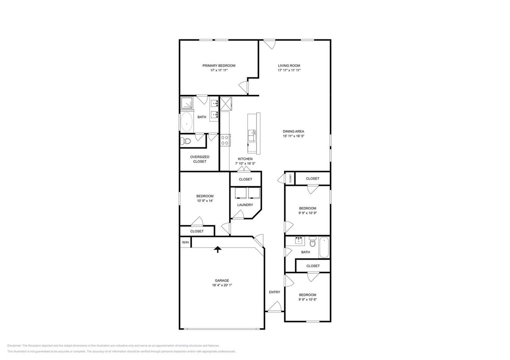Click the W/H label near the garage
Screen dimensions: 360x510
point(185,242)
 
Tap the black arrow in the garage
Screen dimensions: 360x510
point(218,249)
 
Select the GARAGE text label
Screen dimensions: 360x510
point(221,281)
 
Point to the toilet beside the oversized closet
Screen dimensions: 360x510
point(186,141)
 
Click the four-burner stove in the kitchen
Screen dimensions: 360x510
point(225,140)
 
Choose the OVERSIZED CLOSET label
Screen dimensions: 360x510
point(199,159)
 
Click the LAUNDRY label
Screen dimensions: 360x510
point(245,205)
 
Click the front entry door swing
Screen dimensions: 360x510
point(275,307)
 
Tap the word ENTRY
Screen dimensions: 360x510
point(274,292)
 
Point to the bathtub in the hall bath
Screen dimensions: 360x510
point(324,248)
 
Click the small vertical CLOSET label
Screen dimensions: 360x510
point(290,178)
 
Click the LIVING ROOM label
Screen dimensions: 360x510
point(289,65)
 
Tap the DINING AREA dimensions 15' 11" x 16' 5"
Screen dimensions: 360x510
point(293,136)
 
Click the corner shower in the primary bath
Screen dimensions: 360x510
point(187,104)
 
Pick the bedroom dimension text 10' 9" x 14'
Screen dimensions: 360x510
point(204,201)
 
